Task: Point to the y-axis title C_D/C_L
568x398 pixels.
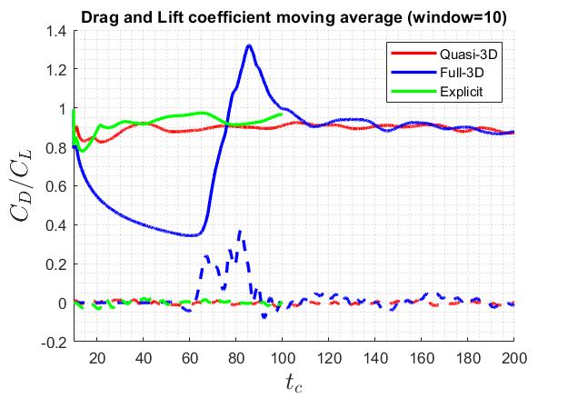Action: pos(31,186)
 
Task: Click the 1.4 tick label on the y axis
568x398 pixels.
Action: pos(56,31)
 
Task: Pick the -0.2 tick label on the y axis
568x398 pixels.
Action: pos(55,343)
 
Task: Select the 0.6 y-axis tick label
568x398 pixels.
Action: pos(56,186)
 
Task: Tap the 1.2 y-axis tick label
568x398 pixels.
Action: pos(56,70)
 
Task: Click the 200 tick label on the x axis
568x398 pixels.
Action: pos(514,357)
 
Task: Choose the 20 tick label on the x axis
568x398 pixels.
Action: pos(98,357)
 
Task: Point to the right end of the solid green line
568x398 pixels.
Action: pos(283,114)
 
